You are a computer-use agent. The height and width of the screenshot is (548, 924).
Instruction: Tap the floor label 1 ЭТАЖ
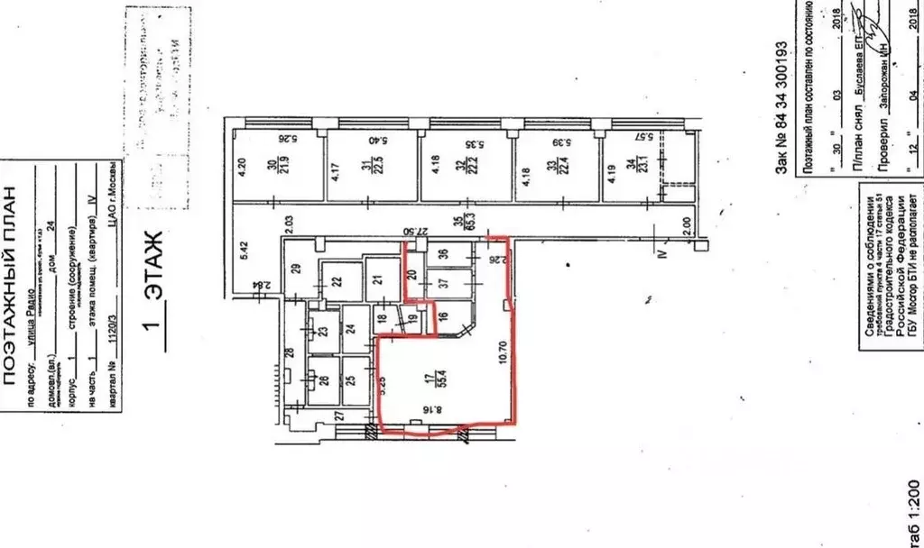point(154,288)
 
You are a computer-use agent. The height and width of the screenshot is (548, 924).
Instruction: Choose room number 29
point(295,267)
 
